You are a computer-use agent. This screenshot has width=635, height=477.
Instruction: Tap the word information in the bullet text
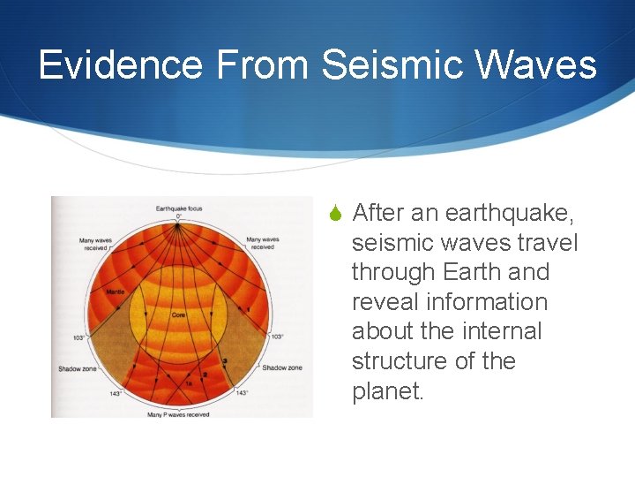[x=496, y=302]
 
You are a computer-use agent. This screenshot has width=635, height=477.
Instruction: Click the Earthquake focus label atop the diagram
[x=179, y=208]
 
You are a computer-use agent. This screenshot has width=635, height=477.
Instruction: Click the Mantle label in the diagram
[x=115, y=291]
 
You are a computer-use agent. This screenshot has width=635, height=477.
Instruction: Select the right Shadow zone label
[x=282, y=367]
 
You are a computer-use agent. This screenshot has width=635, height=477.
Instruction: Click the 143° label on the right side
[x=242, y=392]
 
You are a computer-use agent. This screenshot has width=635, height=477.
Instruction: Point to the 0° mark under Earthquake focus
[x=179, y=216]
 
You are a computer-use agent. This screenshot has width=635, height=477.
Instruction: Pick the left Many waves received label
[x=94, y=243]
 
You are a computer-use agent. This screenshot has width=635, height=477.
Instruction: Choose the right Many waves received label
[x=262, y=243]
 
